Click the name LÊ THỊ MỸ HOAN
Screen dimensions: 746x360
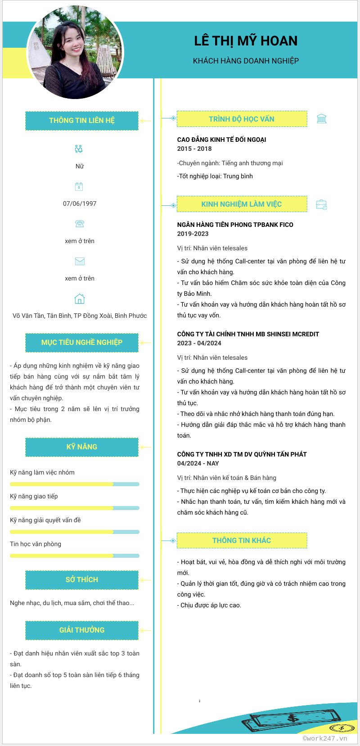[x=246, y=41]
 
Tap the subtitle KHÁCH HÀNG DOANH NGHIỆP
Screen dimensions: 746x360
[x=246, y=61]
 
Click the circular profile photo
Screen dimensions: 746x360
[x=75, y=52]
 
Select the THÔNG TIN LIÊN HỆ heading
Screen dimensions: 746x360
[x=82, y=121]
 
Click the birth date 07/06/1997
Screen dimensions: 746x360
[x=80, y=203]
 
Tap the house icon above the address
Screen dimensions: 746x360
[x=80, y=299]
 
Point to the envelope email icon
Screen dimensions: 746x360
[x=80, y=261]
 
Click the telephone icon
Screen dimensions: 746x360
[x=80, y=224]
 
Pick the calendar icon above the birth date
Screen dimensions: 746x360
[x=79, y=186]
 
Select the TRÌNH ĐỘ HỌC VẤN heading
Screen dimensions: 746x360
[x=242, y=119]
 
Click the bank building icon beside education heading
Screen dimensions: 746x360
[x=321, y=119]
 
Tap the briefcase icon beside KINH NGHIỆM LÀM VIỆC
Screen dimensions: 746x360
[x=321, y=204]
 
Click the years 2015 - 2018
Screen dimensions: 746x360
[x=194, y=149]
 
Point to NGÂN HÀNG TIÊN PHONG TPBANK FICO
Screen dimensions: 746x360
[x=235, y=225]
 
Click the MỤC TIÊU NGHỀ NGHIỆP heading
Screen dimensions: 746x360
[x=82, y=343]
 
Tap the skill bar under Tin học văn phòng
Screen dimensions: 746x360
[x=75, y=556]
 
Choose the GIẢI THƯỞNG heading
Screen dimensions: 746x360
[x=82, y=630]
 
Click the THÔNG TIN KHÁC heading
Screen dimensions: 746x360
[x=242, y=540]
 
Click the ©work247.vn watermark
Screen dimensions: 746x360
[x=325, y=738]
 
